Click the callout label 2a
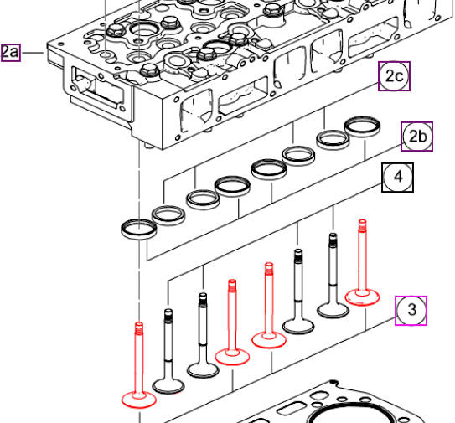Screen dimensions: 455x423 (x=11, y=53)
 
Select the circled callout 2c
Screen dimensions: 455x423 (x=394, y=76)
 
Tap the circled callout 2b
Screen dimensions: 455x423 (x=417, y=137)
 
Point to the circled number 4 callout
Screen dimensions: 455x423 (x=397, y=178)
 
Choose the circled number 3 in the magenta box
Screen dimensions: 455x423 (x=411, y=311)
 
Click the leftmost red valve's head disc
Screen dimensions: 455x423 (x=139, y=400)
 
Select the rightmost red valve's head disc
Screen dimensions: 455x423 (x=362, y=297)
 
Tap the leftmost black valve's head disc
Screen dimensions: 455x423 (x=168, y=386)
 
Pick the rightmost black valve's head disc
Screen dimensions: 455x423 (x=333, y=311)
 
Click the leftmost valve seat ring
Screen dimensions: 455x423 (x=139, y=229)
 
